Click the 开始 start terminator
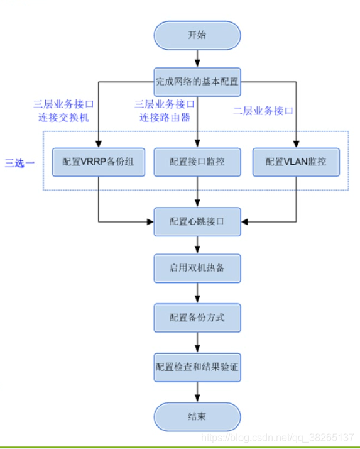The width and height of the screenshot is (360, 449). (197, 35)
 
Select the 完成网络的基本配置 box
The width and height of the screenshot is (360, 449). (197, 80)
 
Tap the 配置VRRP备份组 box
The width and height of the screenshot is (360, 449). (97, 162)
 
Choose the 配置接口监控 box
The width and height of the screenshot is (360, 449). (197, 162)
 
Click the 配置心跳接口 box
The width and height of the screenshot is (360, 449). (197, 221)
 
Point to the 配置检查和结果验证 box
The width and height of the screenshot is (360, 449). (197, 366)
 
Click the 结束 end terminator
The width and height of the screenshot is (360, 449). (197, 416)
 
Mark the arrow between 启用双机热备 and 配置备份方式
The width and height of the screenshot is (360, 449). (197, 293)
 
